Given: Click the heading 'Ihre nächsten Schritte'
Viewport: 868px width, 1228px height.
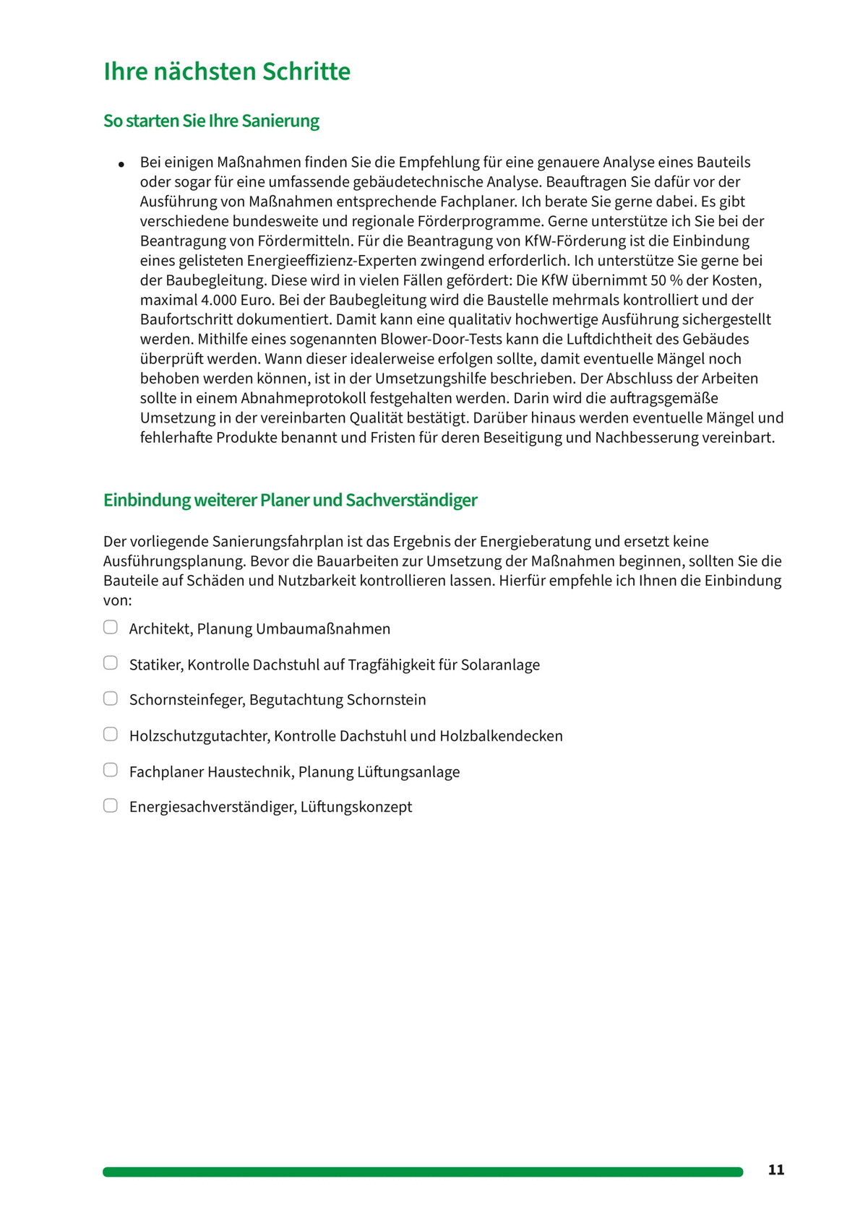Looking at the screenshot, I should (x=227, y=72).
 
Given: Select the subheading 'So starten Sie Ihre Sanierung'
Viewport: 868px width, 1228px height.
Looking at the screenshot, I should (x=211, y=121).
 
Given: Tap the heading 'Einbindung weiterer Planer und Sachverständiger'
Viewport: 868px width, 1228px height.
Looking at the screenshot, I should (x=290, y=500).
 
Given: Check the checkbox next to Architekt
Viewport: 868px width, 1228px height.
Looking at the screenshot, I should (x=111, y=627).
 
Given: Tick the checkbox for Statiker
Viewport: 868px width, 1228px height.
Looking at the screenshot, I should (x=111, y=663).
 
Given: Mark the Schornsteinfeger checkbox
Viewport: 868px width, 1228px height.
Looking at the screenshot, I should (x=111, y=699).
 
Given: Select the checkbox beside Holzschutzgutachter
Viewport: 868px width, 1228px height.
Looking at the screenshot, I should (x=111, y=735).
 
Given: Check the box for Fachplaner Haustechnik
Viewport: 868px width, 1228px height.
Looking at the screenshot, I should (x=111, y=770).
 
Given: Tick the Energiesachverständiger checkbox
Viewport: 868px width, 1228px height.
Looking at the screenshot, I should (x=111, y=805).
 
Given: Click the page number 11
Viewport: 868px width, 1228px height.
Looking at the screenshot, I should (x=775, y=1170).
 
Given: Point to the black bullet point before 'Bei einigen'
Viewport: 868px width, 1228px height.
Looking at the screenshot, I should (x=121, y=165).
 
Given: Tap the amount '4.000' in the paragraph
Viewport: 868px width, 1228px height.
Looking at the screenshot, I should (x=218, y=300).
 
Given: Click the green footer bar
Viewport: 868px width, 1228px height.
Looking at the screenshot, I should (x=422, y=1172).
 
